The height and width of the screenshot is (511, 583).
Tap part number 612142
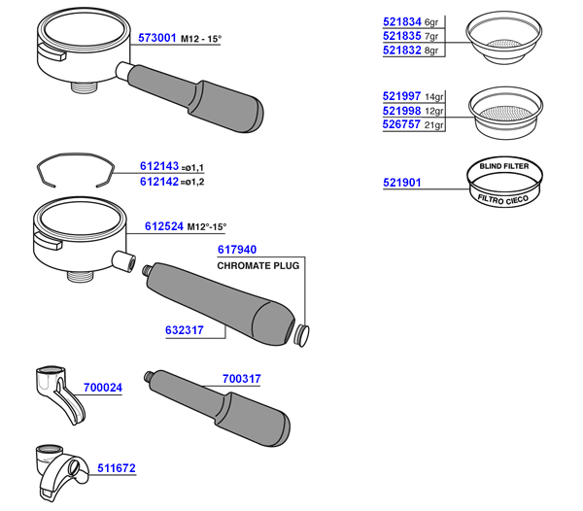(159, 182)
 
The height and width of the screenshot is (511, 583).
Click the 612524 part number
(164, 226)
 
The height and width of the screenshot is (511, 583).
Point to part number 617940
(237, 250)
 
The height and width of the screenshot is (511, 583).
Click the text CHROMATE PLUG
(259, 265)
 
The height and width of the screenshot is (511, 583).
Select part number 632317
(185, 330)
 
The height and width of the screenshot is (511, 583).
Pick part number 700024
(103, 388)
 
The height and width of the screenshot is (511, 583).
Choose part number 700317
(242, 378)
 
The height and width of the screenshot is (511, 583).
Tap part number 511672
(117, 468)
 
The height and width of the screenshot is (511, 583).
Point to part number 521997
(402, 96)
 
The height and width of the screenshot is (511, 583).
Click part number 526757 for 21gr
(402, 125)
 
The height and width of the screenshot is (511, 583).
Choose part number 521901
(402, 182)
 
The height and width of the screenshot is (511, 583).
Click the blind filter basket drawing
(503, 182)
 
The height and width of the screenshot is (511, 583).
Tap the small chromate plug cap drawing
(303, 335)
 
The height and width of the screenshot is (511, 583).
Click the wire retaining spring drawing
(74, 168)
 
